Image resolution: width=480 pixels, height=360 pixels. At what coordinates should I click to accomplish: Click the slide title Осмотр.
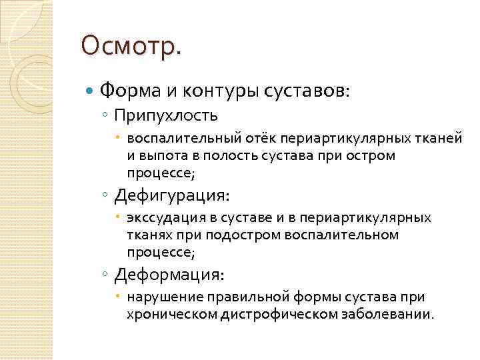[x=130, y=47]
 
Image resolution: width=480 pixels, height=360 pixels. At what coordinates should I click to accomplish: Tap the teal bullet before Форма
[x=90, y=89]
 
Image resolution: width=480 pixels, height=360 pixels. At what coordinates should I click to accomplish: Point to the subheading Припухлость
[x=166, y=116]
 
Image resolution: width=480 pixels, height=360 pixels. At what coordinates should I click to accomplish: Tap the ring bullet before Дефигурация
[x=107, y=197]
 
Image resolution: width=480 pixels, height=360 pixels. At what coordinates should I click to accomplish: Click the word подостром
[x=244, y=235]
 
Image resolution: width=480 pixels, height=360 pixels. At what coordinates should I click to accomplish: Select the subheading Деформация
[x=169, y=275]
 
